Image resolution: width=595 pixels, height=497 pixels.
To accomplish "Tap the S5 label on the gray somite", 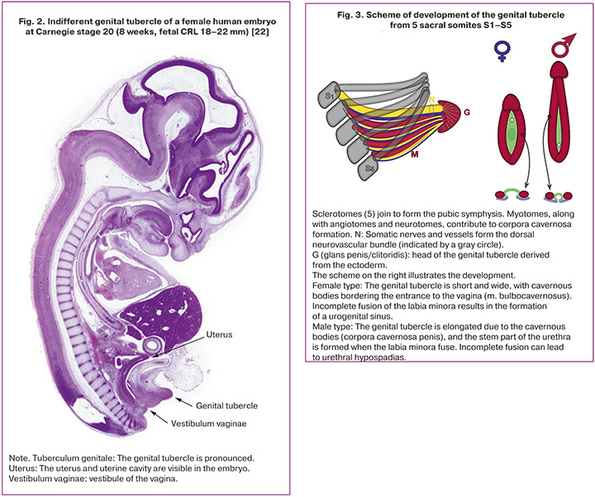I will pos(374,171).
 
